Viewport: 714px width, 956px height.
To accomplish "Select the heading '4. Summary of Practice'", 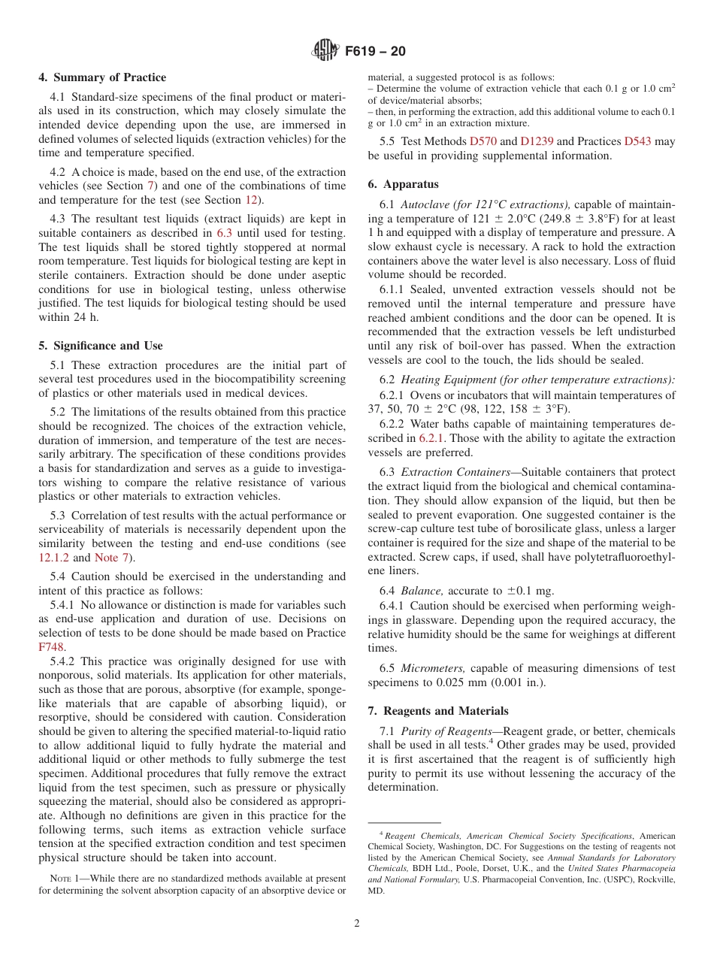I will (102, 77).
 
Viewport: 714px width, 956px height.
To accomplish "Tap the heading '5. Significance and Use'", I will (101, 346).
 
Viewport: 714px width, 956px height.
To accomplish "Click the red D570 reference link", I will (483, 141).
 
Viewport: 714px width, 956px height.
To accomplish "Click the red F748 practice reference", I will (52, 646).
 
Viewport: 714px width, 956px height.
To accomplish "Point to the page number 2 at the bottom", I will (357, 924).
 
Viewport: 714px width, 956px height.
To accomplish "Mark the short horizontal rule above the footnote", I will (404, 823).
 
